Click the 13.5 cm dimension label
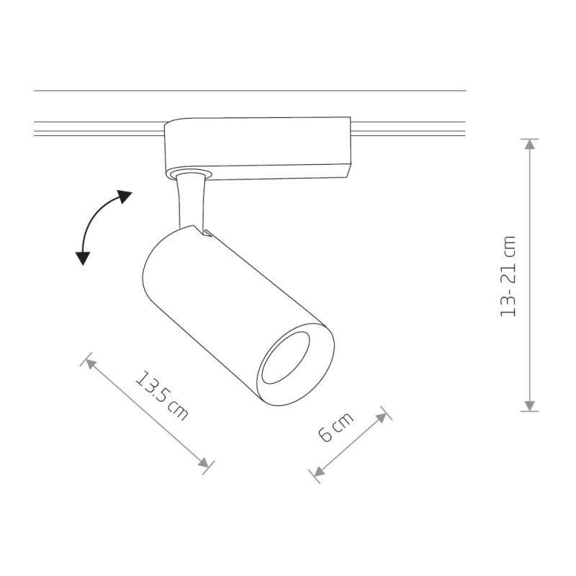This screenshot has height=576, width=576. point(162,397)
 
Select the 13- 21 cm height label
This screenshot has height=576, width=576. point(509,276)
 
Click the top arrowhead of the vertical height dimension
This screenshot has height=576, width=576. point(529,144)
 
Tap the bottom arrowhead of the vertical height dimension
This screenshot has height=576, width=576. point(529,405)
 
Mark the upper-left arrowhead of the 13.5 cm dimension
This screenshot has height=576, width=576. point(91,364)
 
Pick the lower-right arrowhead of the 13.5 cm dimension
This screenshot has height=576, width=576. point(204,463)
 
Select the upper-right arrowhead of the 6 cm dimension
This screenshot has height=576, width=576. point(382,418)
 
